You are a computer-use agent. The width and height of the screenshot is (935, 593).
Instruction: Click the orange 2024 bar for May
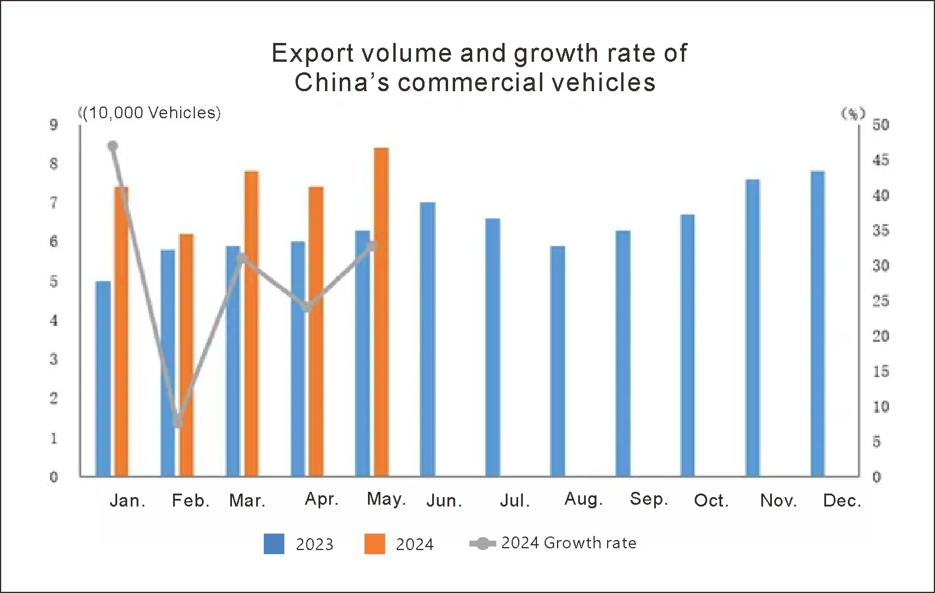point(381,312)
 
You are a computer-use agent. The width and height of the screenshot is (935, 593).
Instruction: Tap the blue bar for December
point(818,324)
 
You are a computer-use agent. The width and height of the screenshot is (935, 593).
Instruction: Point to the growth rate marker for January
point(113,146)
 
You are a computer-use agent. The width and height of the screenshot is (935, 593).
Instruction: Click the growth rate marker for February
point(178,422)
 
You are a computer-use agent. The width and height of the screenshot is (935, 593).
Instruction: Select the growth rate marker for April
point(307,307)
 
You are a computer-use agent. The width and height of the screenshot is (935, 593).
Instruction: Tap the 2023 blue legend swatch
point(274,544)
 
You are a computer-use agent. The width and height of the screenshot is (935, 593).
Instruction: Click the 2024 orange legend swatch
point(374,544)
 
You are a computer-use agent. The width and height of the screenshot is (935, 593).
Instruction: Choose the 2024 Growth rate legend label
point(568,542)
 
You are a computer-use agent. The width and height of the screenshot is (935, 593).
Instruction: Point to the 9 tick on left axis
point(54,125)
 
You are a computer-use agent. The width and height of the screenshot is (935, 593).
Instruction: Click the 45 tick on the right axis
point(881,160)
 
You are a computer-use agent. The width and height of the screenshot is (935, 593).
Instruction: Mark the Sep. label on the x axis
point(648,499)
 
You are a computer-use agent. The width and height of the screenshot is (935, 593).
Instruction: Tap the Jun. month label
point(444,501)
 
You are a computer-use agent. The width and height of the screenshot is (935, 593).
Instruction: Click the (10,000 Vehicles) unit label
point(151,113)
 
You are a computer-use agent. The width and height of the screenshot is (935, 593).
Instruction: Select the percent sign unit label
point(853,113)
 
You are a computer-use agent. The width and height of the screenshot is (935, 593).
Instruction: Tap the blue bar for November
point(752,328)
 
